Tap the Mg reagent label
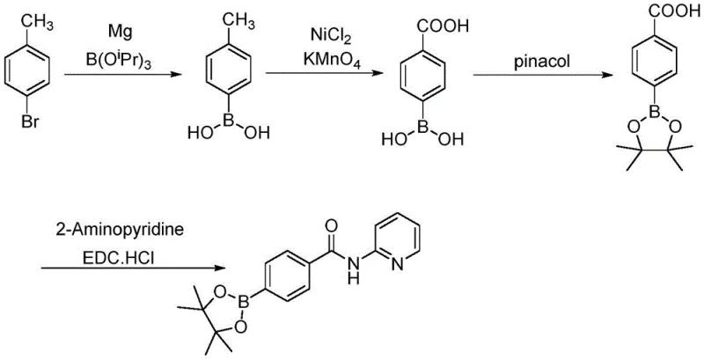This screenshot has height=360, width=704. click(x=121, y=32)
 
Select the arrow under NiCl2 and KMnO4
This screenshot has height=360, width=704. click(x=325, y=76)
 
